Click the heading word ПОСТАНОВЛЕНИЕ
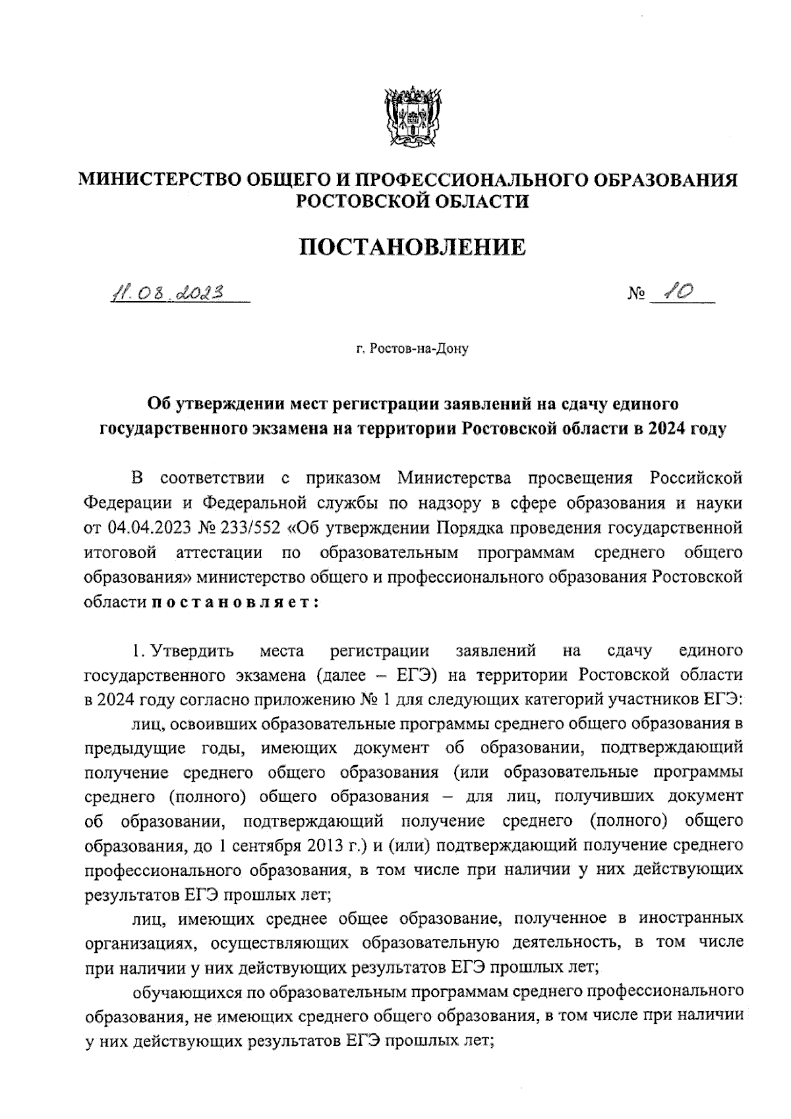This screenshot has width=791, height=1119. pos(413,247)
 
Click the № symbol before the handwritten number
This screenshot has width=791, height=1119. pos(634,295)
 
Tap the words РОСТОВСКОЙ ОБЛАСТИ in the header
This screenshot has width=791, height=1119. pos(413,201)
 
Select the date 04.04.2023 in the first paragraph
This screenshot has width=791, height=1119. pos(148,528)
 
